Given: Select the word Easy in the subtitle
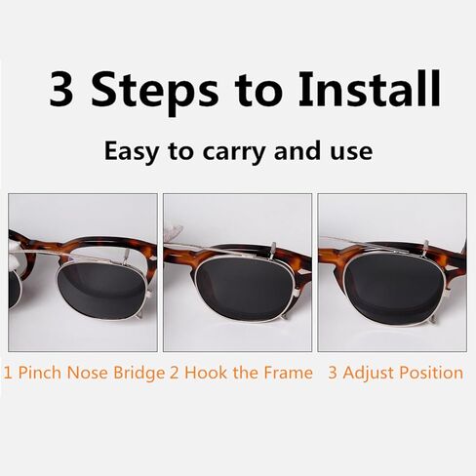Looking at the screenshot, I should (x=135, y=152).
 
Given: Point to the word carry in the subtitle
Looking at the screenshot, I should (x=229, y=153).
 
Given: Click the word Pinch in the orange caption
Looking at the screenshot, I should (x=38, y=373).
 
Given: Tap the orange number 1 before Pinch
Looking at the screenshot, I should (x=8, y=373).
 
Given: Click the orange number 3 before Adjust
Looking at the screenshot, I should (x=333, y=373).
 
